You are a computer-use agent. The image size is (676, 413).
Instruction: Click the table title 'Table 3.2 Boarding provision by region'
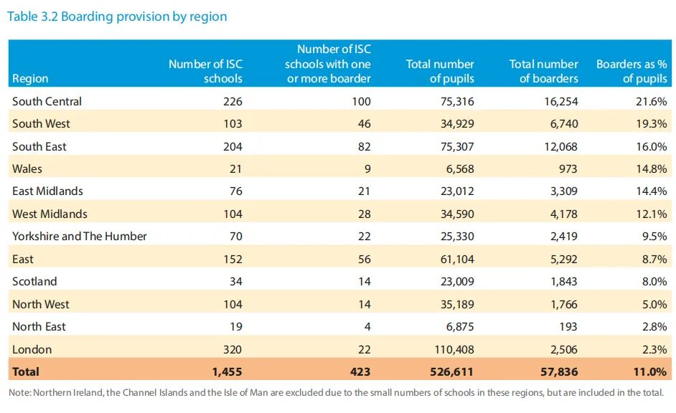point(117,16)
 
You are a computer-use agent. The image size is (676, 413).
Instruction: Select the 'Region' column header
point(30,78)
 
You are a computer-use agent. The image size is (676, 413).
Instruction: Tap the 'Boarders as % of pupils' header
point(632,71)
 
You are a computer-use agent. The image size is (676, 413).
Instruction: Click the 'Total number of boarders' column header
point(544,71)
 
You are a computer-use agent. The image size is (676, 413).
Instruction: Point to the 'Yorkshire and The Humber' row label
point(80,236)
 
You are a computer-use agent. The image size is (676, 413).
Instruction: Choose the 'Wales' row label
point(27,168)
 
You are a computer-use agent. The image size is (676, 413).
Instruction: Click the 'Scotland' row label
point(34,281)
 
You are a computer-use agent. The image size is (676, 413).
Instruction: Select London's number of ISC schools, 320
point(233,349)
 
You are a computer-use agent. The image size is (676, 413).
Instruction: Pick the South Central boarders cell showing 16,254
point(561,101)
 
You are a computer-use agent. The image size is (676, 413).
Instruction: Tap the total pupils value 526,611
point(451,371)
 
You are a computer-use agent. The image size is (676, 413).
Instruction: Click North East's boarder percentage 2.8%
point(654,326)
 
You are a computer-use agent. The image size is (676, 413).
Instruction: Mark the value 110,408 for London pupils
point(454,349)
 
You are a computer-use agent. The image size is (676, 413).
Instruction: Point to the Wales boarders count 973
point(568,168)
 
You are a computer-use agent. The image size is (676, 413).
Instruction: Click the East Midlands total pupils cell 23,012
point(457,191)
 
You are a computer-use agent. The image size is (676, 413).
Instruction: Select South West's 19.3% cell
point(652,123)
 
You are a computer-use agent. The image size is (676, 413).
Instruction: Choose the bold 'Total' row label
point(26,371)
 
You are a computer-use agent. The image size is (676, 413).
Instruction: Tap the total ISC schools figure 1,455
point(227,371)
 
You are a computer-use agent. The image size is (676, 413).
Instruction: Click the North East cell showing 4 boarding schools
point(367,326)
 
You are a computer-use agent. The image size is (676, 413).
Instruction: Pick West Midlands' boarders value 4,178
point(563,214)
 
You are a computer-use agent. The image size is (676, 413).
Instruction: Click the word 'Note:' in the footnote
point(20,393)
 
